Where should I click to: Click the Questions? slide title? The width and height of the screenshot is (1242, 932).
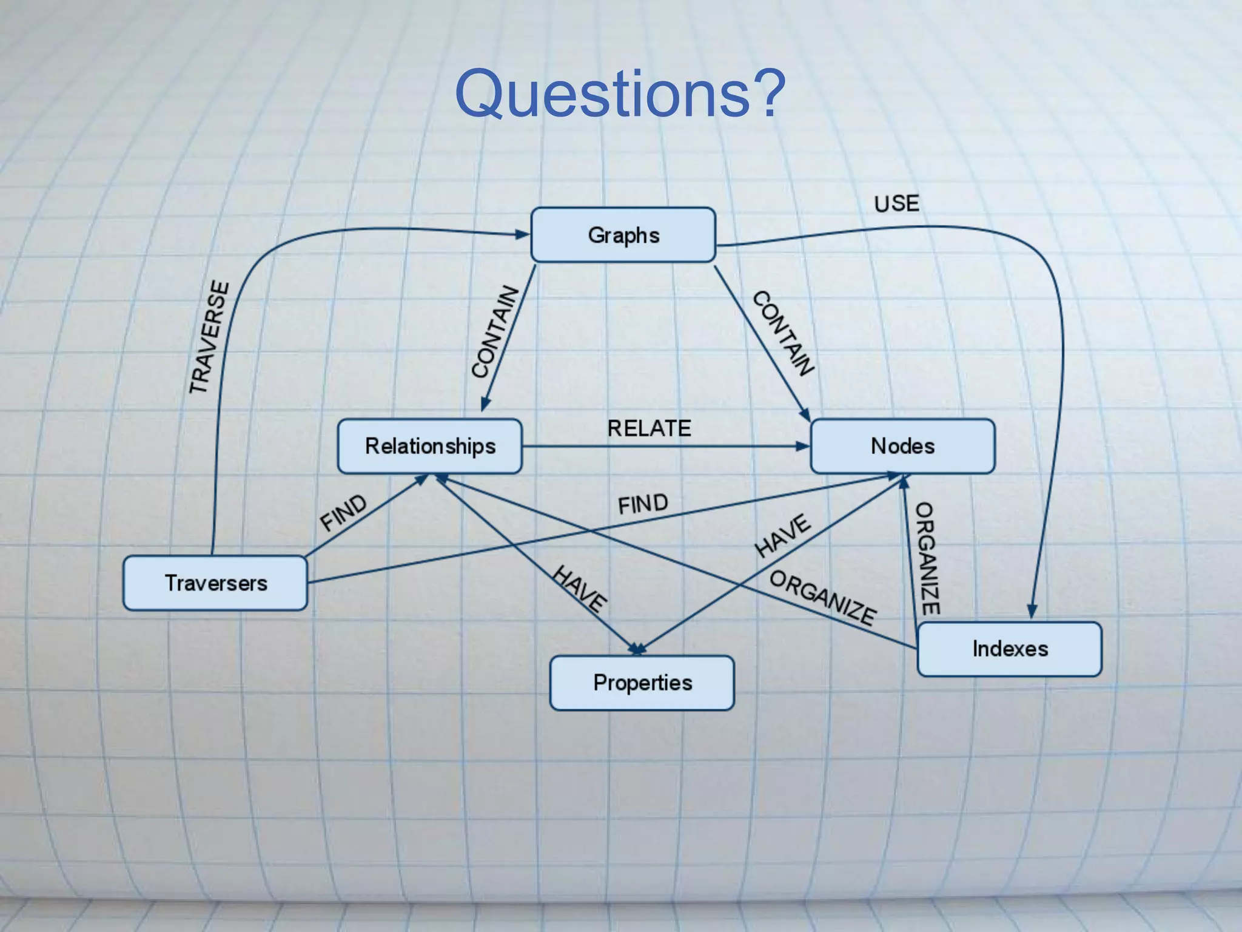pos(620,93)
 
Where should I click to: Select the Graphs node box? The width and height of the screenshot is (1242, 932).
pos(623,235)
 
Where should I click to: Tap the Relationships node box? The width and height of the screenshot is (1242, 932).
pos(429,446)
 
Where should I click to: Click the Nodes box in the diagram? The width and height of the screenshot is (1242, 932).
pos(902,446)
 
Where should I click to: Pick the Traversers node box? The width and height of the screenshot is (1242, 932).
pos(215,583)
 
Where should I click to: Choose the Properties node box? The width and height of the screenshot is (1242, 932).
pos(642,683)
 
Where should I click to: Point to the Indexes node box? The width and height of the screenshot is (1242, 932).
pos(1010,649)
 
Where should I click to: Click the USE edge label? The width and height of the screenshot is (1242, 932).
pos(896,204)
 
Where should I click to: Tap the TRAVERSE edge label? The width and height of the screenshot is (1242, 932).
pos(209,337)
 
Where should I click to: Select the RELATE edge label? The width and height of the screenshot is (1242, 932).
pos(649,428)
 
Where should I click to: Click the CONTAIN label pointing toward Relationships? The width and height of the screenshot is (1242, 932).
pos(495,332)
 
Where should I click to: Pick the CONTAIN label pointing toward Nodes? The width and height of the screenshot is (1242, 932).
pos(783,333)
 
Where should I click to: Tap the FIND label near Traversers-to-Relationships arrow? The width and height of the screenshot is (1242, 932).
pos(343,512)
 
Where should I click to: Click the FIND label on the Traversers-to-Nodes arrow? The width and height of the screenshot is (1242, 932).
pos(643,504)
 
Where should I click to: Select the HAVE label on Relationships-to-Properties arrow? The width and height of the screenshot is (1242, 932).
pos(579,589)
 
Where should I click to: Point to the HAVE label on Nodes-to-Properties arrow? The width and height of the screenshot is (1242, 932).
pos(782,535)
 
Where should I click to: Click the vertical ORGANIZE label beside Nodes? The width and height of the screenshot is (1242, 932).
pos(927,558)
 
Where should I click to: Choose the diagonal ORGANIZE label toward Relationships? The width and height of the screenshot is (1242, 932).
pos(822,598)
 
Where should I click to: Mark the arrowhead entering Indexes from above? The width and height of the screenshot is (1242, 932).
pos(1032,612)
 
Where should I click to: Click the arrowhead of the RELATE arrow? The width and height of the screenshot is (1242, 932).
pos(803,447)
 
